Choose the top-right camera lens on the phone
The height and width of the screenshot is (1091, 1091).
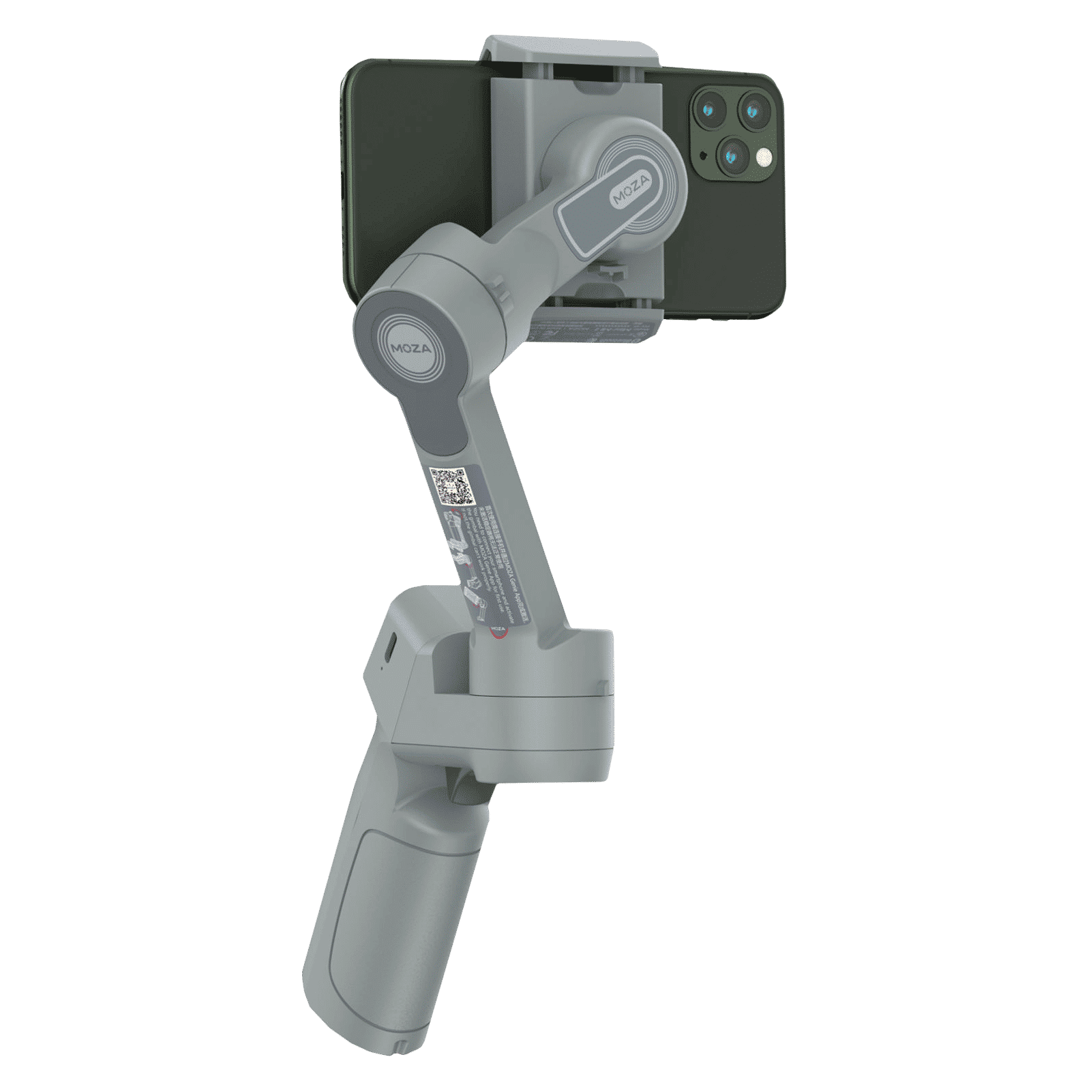pyautogui.click(x=753, y=109)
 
